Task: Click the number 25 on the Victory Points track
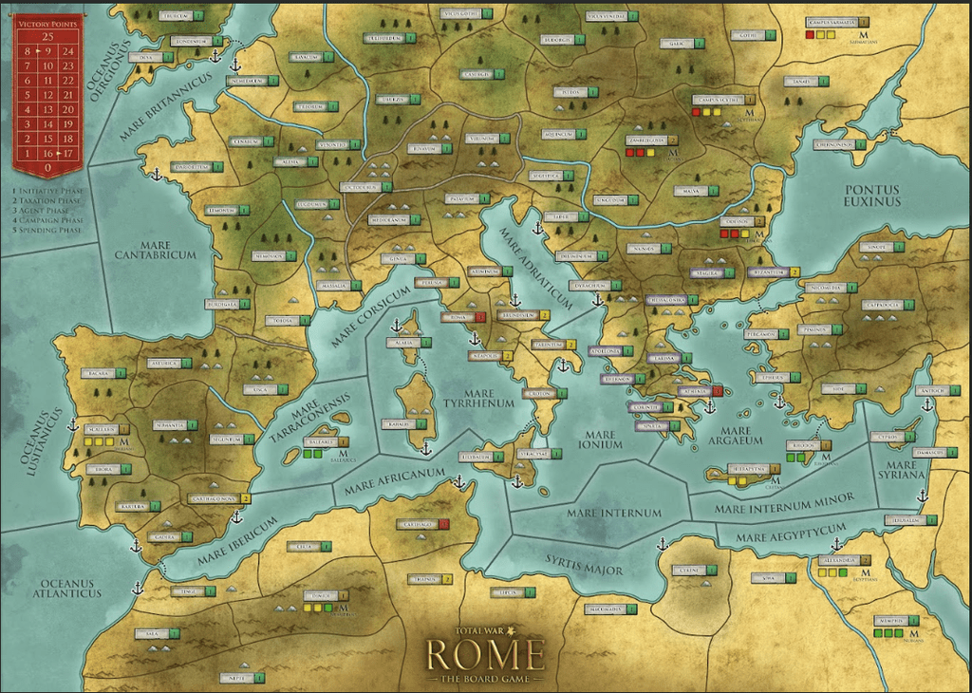[48, 36]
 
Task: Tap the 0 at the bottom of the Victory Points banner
[48, 167]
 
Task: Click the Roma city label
[457, 317]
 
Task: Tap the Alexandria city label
[839, 560]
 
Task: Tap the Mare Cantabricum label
[156, 249]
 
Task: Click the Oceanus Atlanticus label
[65, 587]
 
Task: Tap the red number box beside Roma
[480, 317]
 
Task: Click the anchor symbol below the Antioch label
[926, 404]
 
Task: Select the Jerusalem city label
[906, 520]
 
